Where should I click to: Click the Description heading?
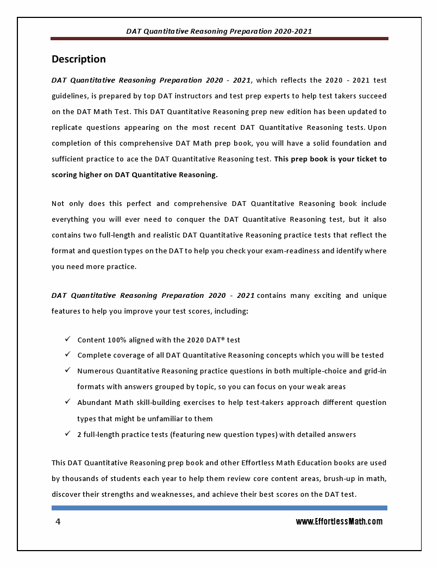click(x=78, y=59)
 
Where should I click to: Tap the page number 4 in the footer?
click(x=58, y=522)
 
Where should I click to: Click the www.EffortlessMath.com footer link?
click(x=339, y=522)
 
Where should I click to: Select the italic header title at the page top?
click(x=219, y=32)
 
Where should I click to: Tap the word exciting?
click(x=327, y=296)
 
